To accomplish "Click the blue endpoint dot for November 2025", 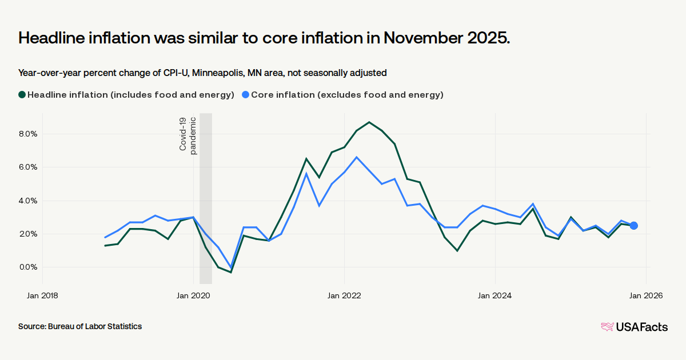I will (634, 226).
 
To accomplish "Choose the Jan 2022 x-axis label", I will (344, 295).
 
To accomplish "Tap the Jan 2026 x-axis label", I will (646, 295).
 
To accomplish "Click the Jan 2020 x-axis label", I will (193, 295).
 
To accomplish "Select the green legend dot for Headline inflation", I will (22, 95).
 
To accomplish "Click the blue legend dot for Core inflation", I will (245, 95).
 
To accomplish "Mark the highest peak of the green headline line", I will (369, 122).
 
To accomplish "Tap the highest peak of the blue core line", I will (357, 157).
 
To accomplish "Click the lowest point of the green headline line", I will (231, 272).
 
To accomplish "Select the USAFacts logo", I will (634, 327).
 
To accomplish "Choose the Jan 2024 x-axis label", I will (495, 295).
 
